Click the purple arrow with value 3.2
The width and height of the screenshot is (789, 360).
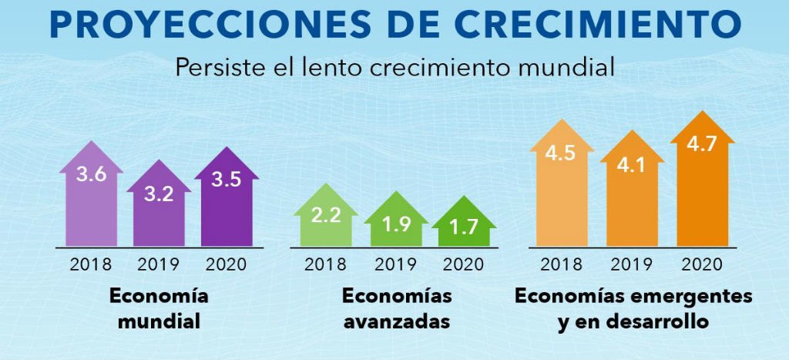point(159,207)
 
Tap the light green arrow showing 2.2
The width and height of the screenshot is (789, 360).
point(326,219)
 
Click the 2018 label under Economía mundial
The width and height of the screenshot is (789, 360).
point(91,264)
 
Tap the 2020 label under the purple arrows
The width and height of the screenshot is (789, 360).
point(226,264)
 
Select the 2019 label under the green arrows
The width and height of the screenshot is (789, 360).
point(395,264)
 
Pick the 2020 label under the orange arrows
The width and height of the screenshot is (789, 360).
point(701,264)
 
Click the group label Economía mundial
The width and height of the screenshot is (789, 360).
point(159,308)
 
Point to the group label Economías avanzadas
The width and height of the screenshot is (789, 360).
point(396,308)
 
